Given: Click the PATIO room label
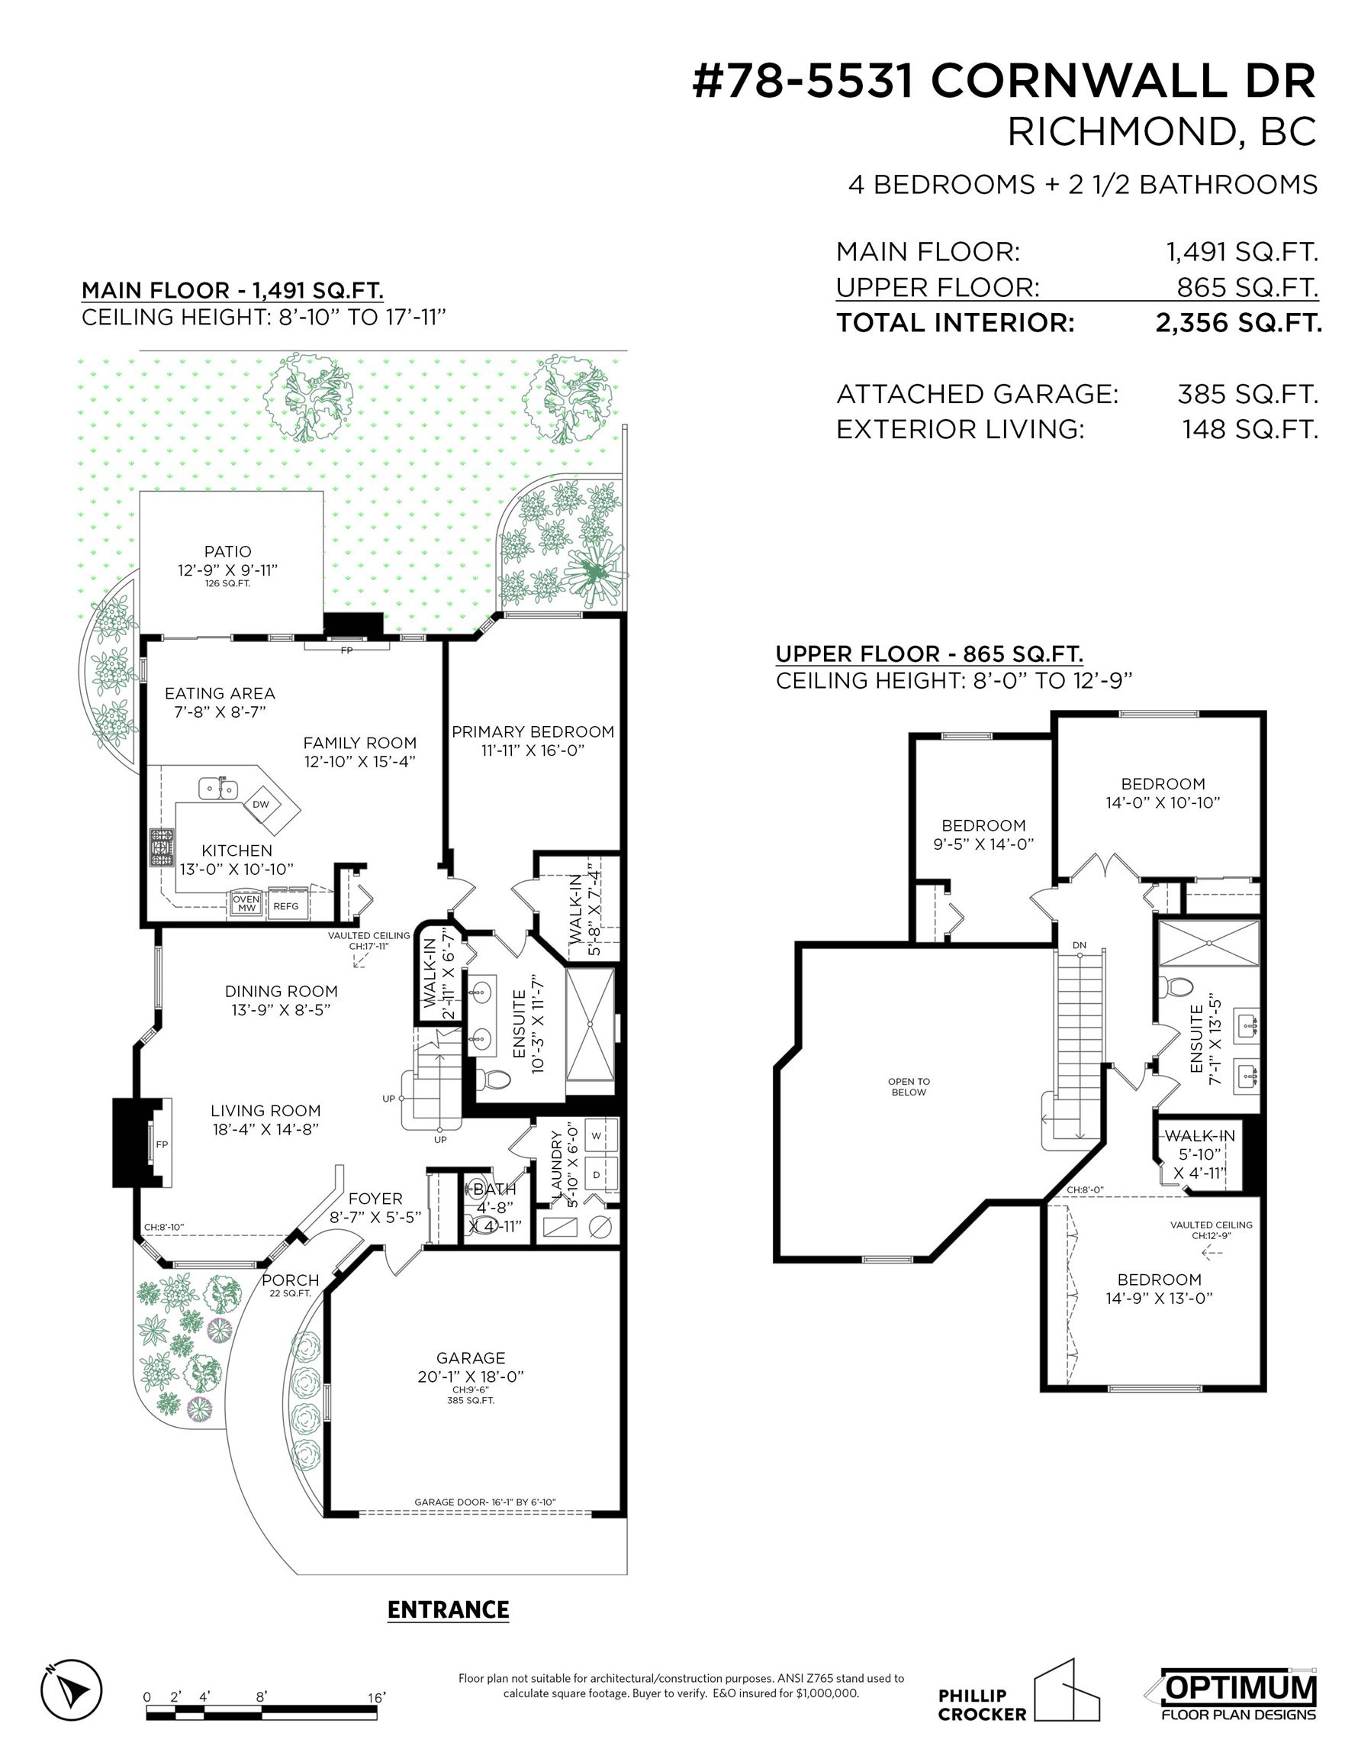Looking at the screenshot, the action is coord(228,552).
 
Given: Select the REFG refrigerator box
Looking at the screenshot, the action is coord(286,906).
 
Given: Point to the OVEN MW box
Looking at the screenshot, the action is coord(246,904).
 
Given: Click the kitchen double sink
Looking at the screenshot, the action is coord(218,787).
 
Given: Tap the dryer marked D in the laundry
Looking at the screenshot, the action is coord(597,1175).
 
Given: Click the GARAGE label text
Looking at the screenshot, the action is coord(471,1358).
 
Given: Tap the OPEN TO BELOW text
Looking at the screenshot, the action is coord(909,1087).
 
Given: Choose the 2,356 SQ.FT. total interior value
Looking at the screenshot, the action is coord(1238,323).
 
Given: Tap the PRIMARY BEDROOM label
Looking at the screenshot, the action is coord(533,731).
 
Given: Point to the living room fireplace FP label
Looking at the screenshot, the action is coord(162,1144).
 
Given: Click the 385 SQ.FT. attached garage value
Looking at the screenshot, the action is coord(1247,394).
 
